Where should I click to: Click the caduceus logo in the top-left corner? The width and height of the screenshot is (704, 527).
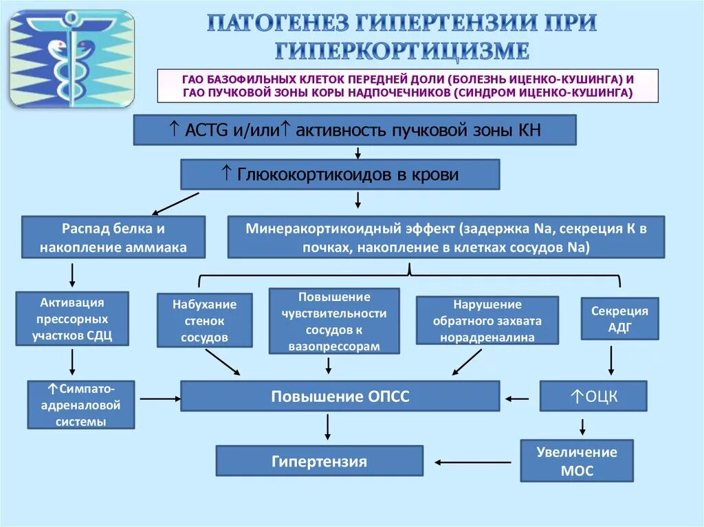pyautogui.click(x=71, y=58)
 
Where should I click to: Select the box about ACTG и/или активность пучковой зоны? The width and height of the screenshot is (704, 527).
pyautogui.click(x=354, y=130)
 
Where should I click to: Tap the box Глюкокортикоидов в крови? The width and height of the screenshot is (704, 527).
pyautogui.click(x=340, y=175)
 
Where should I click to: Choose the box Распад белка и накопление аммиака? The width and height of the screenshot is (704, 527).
pyautogui.click(x=113, y=237)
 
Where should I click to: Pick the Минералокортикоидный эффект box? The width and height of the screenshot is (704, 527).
pyautogui.click(x=445, y=237)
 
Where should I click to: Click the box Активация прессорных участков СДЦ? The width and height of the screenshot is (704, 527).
pyautogui.click(x=71, y=319)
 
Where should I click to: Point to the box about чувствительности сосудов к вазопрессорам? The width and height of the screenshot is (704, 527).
pyautogui.click(x=334, y=321)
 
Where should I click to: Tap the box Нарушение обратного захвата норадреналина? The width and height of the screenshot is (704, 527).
pyautogui.click(x=487, y=321)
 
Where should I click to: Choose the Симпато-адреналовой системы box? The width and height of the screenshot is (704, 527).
pyautogui.click(x=81, y=405)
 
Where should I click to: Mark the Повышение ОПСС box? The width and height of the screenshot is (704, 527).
pyautogui.click(x=340, y=396)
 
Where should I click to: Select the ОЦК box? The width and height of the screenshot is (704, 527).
pyautogui.click(x=593, y=396)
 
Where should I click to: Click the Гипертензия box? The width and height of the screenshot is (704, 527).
pyautogui.click(x=319, y=461)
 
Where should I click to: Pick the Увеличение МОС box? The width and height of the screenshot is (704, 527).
pyautogui.click(x=576, y=461)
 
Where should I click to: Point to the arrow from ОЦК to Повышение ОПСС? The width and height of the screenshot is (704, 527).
pyautogui.click(x=518, y=398)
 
